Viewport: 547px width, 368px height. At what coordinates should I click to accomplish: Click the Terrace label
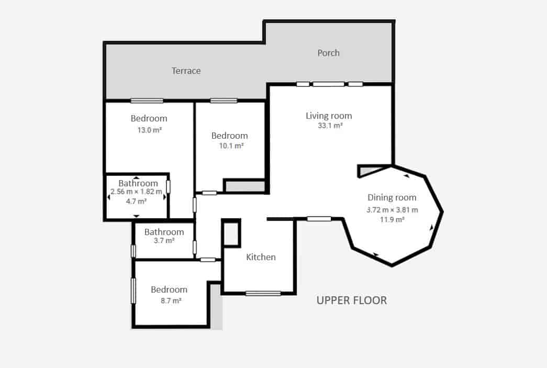(186, 71)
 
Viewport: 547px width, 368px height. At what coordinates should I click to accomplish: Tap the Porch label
(328, 53)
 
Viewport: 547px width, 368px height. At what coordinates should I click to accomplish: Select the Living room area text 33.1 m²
(330, 126)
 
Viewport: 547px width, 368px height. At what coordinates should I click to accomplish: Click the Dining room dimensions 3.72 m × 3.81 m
(392, 209)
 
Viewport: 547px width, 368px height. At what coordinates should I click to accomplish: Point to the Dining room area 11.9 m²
(392, 219)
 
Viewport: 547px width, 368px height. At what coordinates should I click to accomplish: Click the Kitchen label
(261, 257)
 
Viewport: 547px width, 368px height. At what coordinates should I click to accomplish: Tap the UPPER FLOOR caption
(352, 300)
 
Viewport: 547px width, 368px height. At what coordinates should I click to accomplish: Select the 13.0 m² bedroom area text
(149, 130)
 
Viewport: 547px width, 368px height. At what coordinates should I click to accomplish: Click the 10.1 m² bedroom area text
(231, 146)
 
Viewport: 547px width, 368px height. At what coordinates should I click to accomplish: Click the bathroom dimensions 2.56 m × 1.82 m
(136, 192)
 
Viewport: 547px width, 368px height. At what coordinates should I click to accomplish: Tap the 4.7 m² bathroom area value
(136, 200)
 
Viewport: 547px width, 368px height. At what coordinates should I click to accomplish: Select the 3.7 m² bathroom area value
(164, 241)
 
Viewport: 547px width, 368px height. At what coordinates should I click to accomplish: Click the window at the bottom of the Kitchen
(263, 293)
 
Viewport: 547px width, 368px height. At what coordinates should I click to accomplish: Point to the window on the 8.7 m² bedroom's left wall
(133, 291)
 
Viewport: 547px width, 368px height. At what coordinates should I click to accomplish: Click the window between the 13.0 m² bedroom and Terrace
(147, 101)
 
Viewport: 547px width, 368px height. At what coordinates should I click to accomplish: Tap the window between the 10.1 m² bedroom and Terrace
(224, 101)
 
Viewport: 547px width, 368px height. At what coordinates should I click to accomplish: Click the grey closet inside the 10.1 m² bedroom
(244, 186)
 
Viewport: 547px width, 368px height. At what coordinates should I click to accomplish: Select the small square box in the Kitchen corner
(231, 233)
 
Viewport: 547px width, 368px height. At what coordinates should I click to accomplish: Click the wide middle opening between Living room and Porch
(329, 84)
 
